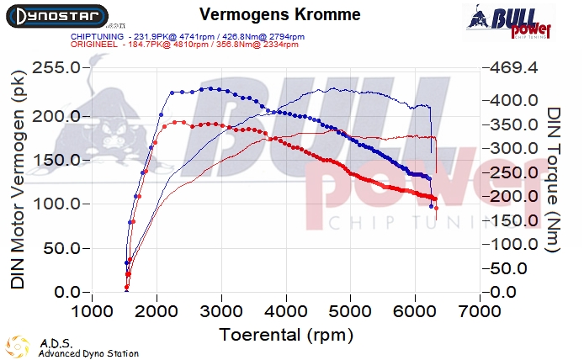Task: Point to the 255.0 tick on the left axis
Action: click(x=57, y=67)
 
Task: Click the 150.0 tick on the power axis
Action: click(x=57, y=160)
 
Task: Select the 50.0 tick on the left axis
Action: click(x=62, y=249)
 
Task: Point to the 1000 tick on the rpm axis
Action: click(x=92, y=311)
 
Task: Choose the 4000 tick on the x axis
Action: click(x=285, y=311)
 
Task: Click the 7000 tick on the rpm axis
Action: click(x=479, y=311)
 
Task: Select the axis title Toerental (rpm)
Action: click(x=285, y=334)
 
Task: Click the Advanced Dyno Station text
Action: click(x=88, y=353)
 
